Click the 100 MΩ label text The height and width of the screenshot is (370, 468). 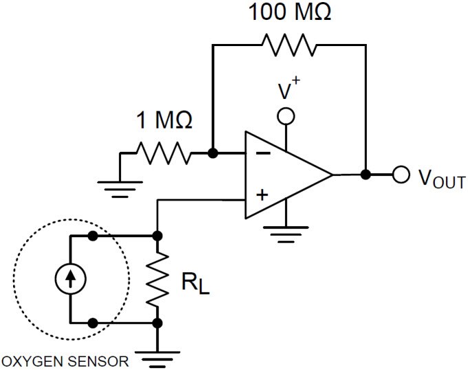point(289,13)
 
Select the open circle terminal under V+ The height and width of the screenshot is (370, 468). point(285,117)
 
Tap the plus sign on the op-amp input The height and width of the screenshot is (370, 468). point(262,195)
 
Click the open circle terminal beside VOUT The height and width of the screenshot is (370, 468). point(401,174)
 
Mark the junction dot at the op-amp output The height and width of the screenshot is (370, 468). point(365,174)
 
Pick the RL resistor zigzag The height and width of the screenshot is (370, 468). point(158,279)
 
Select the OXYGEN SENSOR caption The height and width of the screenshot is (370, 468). point(65,361)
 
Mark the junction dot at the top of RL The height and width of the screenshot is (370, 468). point(158,235)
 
